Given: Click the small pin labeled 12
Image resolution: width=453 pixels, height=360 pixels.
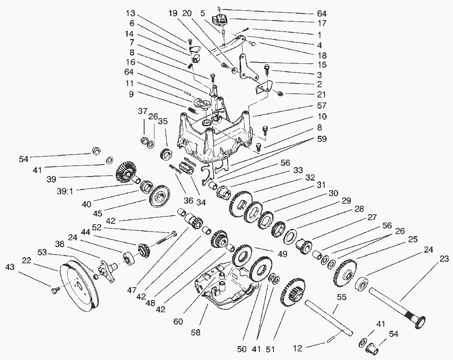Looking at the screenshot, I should [330, 339].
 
